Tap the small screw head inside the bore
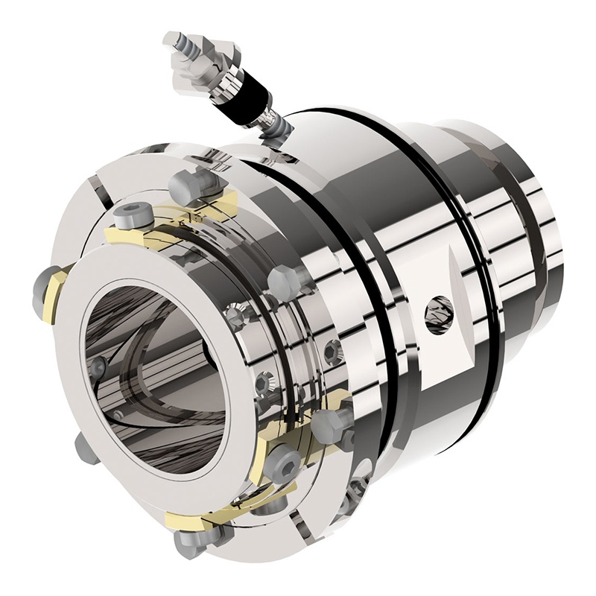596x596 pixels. click(x=98, y=365)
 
